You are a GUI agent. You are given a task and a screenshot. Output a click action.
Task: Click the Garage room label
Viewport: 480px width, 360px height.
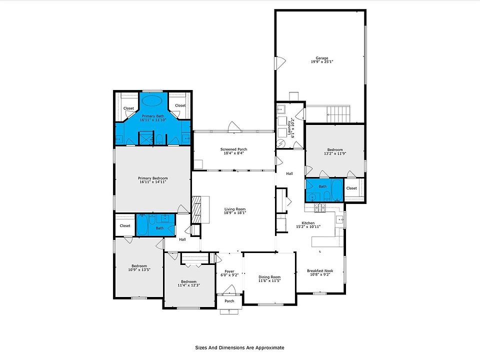coord(318,58)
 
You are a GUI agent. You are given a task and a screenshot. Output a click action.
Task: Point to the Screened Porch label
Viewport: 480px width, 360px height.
coord(233,149)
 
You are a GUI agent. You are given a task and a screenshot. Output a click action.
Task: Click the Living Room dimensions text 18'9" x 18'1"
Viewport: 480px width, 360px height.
coord(234,213)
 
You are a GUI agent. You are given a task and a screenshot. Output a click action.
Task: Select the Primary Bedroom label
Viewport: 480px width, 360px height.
coord(152,178)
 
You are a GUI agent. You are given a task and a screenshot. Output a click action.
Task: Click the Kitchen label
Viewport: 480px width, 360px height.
coord(308,223)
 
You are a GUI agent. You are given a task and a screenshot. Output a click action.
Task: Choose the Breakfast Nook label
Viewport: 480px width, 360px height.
coord(320,271)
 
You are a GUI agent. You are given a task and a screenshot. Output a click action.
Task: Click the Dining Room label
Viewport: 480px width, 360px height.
coord(269,277)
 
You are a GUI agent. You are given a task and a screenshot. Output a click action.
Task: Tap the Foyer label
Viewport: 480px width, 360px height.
coord(229,271)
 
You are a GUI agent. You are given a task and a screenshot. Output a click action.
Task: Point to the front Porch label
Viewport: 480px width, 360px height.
coord(229,301)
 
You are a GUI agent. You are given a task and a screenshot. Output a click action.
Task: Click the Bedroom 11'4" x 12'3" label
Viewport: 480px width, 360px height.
coord(188,281)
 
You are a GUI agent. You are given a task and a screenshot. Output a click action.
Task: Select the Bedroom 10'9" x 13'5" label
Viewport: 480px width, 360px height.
coord(139,265)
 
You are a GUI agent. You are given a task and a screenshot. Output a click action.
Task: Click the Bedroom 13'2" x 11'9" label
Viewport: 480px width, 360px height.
coord(335,149)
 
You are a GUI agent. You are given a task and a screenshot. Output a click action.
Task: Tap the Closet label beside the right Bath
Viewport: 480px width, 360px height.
coord(351,188)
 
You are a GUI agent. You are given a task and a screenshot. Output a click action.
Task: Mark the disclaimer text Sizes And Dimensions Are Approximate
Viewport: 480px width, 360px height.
coord(239,347)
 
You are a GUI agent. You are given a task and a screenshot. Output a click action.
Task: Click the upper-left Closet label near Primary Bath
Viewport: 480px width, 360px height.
coord(128,108)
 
